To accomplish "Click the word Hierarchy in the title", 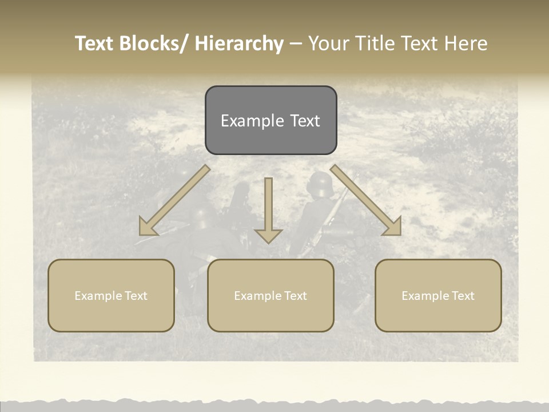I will click(x=239, y=43).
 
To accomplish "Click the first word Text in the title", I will click(x=95, y=43).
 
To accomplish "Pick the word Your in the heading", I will click(x=329, y=43).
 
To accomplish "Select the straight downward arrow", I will click(x=268, y=212).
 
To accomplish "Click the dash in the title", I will click(x=296, y=44).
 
